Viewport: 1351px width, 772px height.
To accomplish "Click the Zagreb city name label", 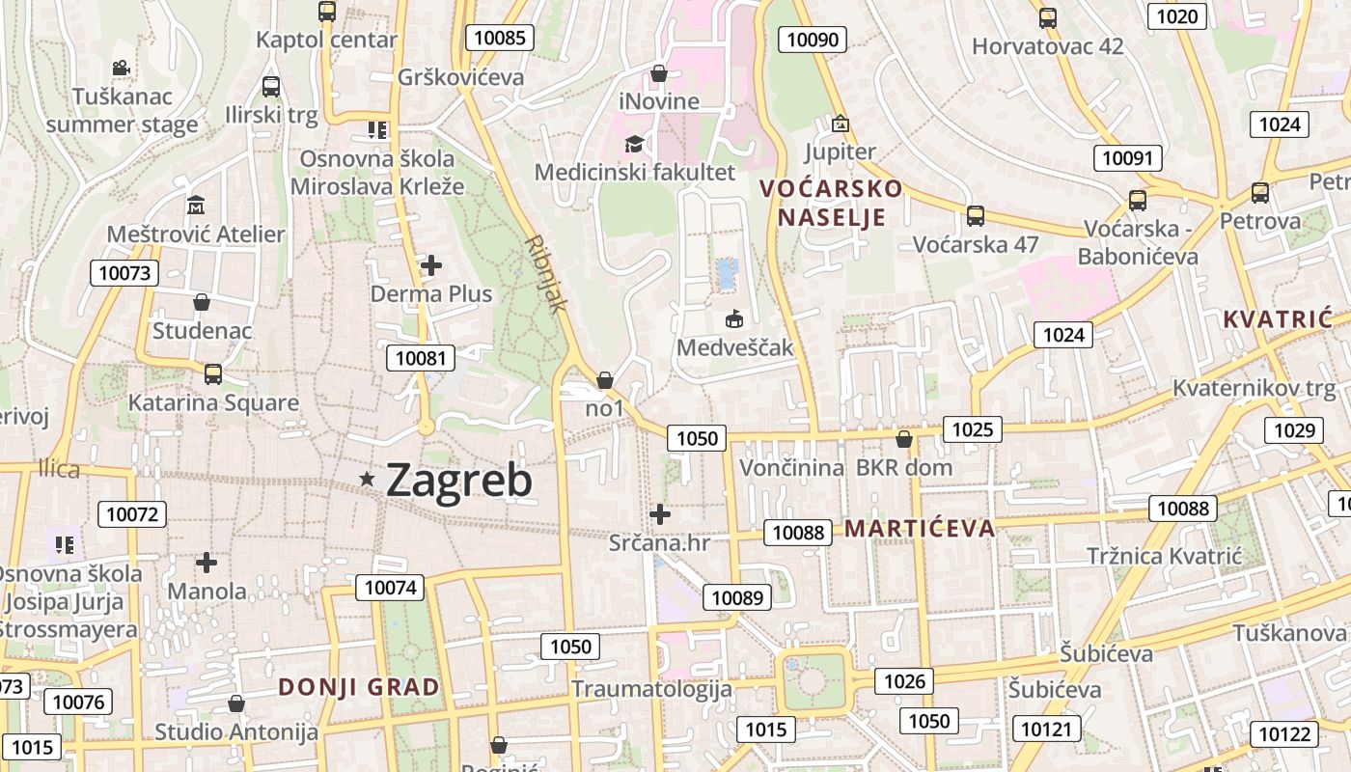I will point(459,481).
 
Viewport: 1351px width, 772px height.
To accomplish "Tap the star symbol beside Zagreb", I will point(367,479).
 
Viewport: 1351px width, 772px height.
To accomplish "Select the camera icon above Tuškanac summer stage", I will point(121,69).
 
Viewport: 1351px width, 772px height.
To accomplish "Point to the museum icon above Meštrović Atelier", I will point(196,206).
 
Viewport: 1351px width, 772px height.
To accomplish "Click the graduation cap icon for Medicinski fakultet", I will point(634,145).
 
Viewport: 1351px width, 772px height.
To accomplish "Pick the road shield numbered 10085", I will point(500,38).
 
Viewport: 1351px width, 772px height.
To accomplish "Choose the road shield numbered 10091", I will point(1128,158).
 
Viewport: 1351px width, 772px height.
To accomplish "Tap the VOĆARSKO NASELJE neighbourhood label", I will point(832,203).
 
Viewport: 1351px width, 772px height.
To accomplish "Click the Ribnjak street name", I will point(545,274).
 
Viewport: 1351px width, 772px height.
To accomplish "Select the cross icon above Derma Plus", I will point(431,264).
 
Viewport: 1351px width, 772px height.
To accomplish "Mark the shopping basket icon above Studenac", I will point(202,302).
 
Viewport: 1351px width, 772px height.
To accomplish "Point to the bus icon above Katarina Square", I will point(213,373).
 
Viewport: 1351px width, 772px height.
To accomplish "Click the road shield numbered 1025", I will point(972,429).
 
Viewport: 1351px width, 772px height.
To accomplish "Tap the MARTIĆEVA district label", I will point(920,528).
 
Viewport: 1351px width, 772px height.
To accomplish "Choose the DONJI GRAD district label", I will point(359,687).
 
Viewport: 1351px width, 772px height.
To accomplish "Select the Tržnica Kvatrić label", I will point(1164,556).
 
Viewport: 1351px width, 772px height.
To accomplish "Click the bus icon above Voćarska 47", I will point(976,215).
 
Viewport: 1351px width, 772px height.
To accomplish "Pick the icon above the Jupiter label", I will point(840,124).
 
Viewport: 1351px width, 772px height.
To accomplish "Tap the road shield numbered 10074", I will point(391,587).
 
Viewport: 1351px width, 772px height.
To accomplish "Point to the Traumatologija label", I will point(651,689).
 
